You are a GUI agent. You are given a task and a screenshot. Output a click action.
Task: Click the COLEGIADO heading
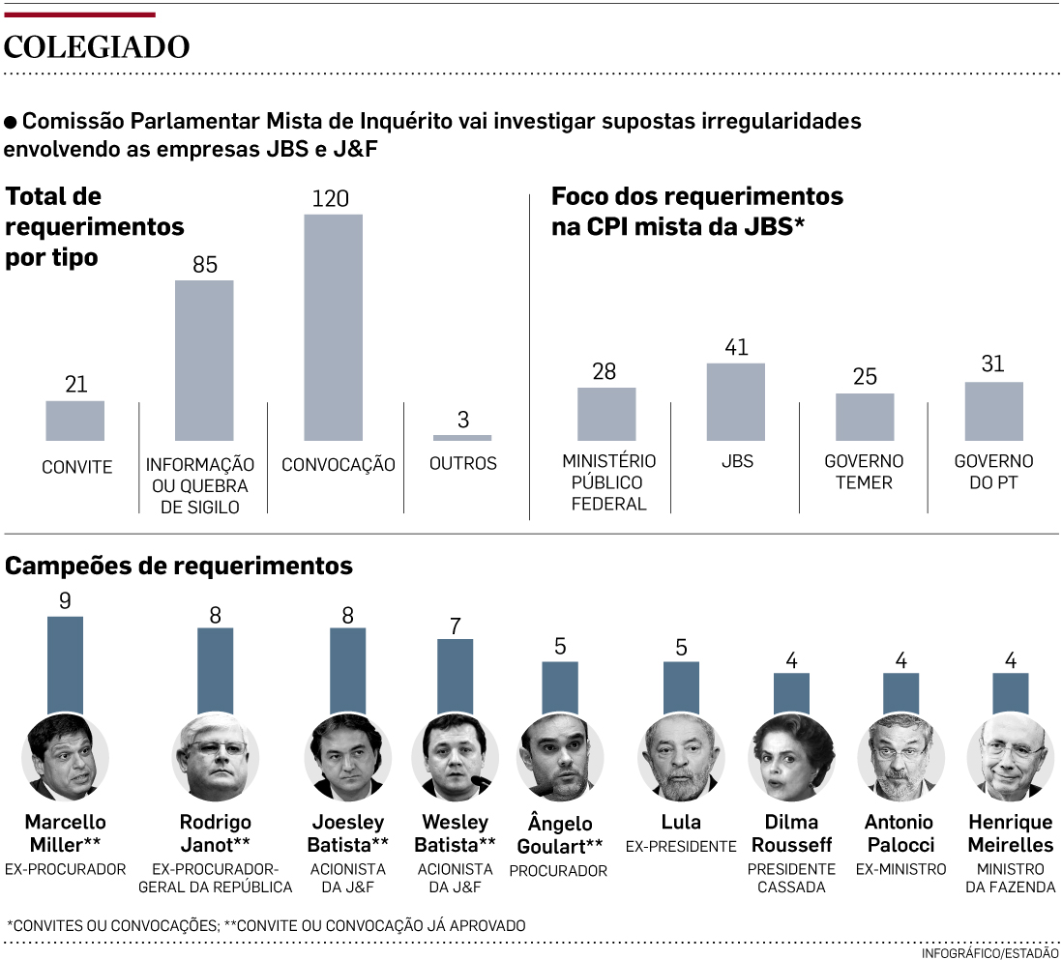pos(97,47)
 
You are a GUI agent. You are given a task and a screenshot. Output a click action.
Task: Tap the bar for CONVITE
pos(74,421)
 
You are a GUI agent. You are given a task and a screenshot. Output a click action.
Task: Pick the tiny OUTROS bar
pos(462,438)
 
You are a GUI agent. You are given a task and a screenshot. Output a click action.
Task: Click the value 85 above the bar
pos(205,264)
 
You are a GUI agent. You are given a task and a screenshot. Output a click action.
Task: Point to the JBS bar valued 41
pos(736,401)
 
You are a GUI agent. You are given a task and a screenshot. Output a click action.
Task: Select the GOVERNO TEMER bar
pos(865,417)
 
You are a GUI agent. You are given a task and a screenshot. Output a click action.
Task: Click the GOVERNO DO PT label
pos(993,472)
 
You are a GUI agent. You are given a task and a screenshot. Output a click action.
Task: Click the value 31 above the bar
pos(992,364)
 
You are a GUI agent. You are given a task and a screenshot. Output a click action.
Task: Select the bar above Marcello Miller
pos(65,665)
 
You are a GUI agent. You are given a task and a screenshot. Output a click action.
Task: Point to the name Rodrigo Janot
pos(215,833)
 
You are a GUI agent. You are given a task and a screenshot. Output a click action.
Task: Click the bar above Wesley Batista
pos(456,677)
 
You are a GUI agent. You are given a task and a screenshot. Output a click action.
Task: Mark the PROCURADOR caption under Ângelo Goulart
pos(558,870)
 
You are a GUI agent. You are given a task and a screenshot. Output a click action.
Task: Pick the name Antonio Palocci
pos(900,833)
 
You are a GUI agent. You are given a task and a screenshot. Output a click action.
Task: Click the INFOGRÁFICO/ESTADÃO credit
pos(989,952)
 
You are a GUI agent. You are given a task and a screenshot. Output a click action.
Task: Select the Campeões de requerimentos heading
pos(179,566)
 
